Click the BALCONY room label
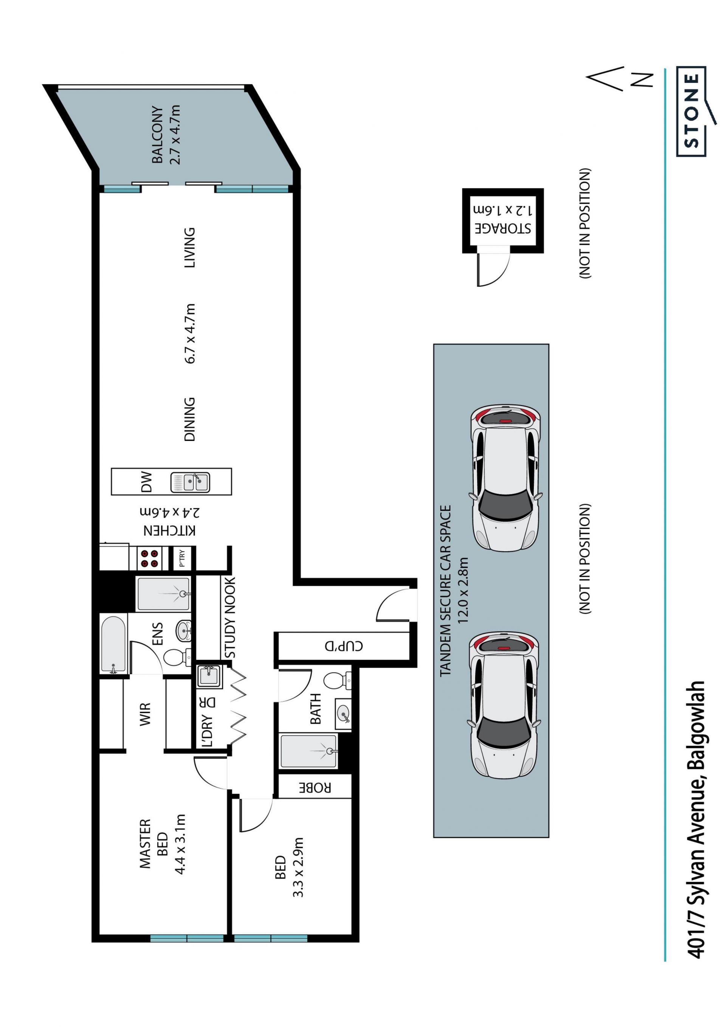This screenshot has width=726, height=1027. pos(157,135)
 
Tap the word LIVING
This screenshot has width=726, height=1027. pos(190,247)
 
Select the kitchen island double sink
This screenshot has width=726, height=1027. pos(190,482)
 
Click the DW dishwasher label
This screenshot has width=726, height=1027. pos(146,482)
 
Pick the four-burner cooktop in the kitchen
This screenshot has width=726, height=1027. pos(149,558)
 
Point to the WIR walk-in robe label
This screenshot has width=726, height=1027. pos(145,714)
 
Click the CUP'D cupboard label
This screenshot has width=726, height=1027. pos(344,646)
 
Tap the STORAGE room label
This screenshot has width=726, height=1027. pos(503,228)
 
